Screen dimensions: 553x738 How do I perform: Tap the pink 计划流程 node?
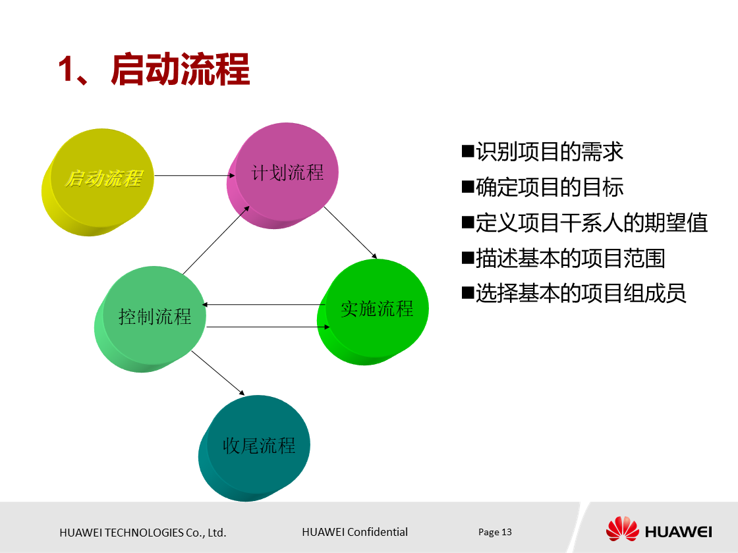(x=287, y=172)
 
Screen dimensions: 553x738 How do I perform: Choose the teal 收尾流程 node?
(x=258, y=446)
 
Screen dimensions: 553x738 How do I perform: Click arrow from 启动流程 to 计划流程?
(x=194, y=176)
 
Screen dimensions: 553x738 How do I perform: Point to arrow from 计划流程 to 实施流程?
(x=350, y=232)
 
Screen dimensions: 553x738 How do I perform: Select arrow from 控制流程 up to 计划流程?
(x=215, y=240)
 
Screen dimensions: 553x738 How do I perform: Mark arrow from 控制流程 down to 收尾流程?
(x=217, y=373)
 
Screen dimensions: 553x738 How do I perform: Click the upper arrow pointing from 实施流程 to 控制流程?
(x=264, y=305)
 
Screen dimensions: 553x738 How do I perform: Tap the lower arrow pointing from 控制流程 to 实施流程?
(x=267, y=327)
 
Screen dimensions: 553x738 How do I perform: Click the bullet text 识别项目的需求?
(x=549, y=152)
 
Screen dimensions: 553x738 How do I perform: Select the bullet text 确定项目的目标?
(x=549, y=188)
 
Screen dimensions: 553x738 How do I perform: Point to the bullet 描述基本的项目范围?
(x=570, y=258)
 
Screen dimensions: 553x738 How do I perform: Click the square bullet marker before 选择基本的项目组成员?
(x=468, y=292)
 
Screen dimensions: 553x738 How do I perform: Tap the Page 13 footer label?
(x=495, y=532)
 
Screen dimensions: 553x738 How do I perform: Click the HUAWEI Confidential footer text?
(x=355, y=532)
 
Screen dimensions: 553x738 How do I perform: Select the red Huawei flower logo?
(x=622, y=529)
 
